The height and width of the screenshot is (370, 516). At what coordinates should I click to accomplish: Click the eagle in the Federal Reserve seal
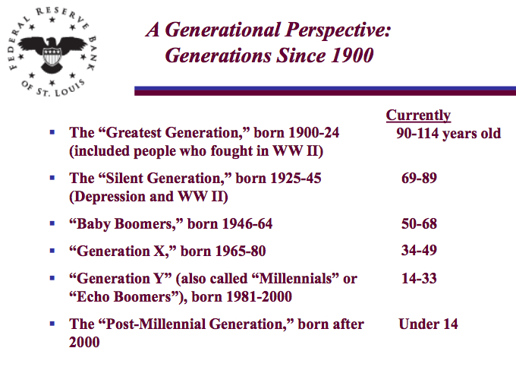click(x=52, y=53)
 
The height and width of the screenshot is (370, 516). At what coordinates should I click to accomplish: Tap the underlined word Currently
click(x=418, y=115)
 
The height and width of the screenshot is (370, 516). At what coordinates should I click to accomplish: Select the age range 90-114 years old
click(x=448, y=134)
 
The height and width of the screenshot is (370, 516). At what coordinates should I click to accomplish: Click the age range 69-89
click(x=419, y=179)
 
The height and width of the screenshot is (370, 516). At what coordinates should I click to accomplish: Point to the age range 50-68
click(x=419, y=224)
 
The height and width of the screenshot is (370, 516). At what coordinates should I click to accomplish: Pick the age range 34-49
click(x=419, y=251)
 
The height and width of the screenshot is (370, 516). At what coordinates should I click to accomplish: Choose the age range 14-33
click(x=419, y=279)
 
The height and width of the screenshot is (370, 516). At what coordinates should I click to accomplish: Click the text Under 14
click(x=428, y=324)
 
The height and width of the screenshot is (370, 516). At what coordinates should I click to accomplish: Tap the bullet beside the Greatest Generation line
click(x=52, y=132)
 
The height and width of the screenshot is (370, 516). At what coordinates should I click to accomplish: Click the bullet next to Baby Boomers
click(x=52, y=223)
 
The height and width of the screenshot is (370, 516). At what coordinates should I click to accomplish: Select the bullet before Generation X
click(x=52, y=251)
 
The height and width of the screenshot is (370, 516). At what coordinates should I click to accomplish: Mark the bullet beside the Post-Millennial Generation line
click(x=52, y=324)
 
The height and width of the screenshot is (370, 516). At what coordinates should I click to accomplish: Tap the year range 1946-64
click(x=247, y=224)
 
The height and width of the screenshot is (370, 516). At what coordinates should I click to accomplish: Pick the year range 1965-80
click(x=241, y=251)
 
